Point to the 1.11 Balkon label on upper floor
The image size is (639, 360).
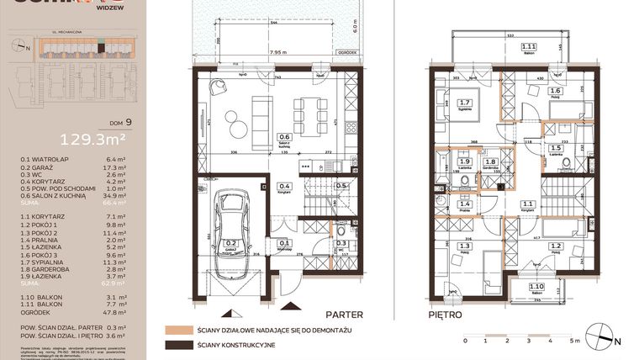(529, 48)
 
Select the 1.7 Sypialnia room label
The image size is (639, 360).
(466, 104)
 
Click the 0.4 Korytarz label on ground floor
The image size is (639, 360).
(285, 187)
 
